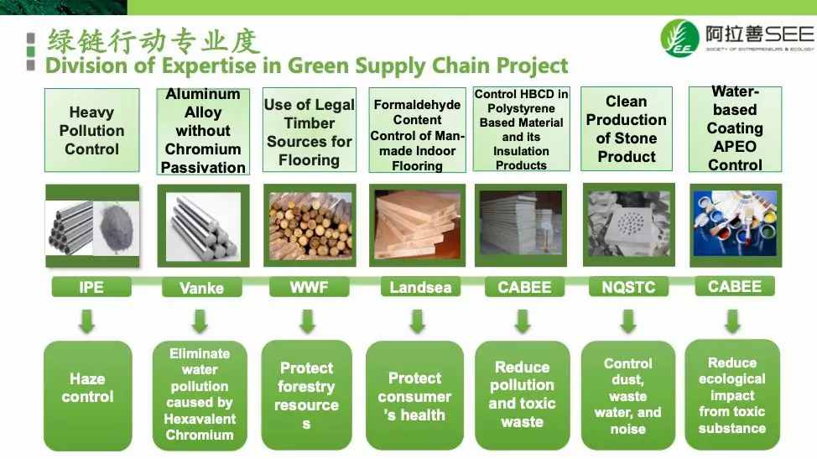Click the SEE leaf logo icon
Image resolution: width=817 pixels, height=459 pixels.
679,38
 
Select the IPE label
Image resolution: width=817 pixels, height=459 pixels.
91,287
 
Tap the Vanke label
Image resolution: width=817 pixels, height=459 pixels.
201,288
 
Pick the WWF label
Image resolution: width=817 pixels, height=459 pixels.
309,287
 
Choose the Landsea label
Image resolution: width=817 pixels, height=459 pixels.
420,287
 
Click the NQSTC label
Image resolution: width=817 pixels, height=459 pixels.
628,287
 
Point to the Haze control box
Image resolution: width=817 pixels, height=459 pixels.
87,396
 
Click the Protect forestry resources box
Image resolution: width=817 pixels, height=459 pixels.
306,395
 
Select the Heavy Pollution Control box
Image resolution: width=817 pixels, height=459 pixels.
91,130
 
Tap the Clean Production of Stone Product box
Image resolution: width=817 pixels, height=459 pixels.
627,128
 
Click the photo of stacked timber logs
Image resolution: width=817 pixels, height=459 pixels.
310,225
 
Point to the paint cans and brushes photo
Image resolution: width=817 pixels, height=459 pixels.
735,225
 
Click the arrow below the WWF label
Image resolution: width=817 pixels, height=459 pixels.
307,321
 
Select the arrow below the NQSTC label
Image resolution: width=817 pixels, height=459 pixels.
628,321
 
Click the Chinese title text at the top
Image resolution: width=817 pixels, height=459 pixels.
154,41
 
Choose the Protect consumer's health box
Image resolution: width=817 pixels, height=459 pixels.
414,396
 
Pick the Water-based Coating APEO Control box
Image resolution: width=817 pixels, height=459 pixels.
735,128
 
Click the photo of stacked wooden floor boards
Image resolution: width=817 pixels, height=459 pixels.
417,225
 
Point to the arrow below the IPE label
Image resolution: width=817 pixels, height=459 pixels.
87,321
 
